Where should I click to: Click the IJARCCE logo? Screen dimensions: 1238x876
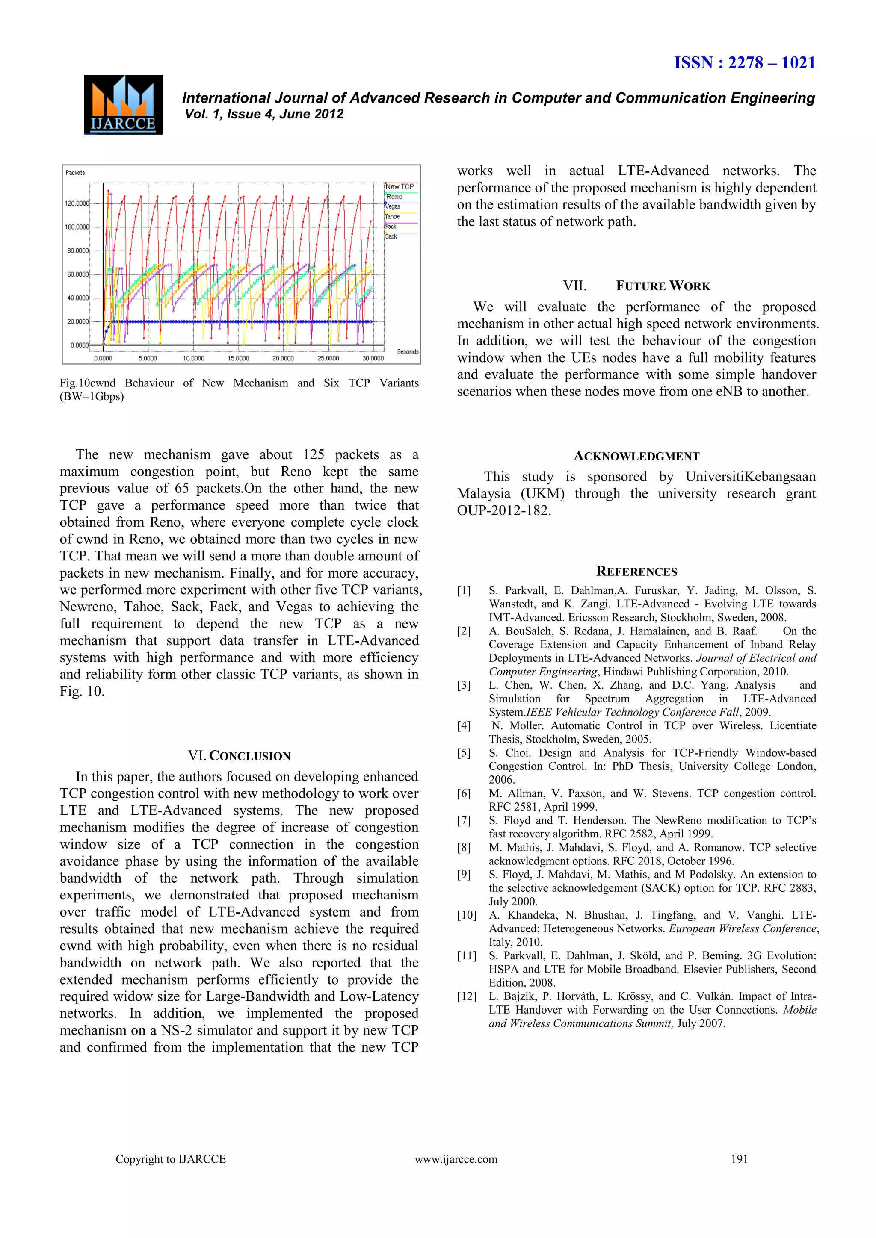pos(123,105)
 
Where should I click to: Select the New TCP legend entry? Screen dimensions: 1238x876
pos(400,186)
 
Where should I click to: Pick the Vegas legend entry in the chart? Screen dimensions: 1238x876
pos(393,206)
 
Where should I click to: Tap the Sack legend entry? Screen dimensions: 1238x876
pos(391,237)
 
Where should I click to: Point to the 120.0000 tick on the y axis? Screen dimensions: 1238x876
pos(77,203)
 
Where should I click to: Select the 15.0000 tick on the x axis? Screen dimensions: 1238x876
pos(238,358)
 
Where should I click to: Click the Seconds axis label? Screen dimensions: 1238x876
pos(407,351)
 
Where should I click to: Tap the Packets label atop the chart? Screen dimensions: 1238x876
pos(75,173)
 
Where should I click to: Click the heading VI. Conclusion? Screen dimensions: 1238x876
pos(239,756)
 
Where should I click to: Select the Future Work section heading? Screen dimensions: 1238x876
pos(636,286)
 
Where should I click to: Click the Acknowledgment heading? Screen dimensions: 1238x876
pos(636,457)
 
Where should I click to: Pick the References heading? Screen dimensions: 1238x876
pos(636,572)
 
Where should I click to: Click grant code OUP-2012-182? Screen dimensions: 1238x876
pos(503,510)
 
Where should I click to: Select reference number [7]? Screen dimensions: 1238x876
pos(464,821)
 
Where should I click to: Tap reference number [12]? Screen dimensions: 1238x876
pos(467,996)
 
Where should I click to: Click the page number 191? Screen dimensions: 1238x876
pos(739,1159)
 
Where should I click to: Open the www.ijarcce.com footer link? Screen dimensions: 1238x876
pos(456,1159)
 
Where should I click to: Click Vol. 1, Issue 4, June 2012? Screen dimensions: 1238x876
pos(264,114)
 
